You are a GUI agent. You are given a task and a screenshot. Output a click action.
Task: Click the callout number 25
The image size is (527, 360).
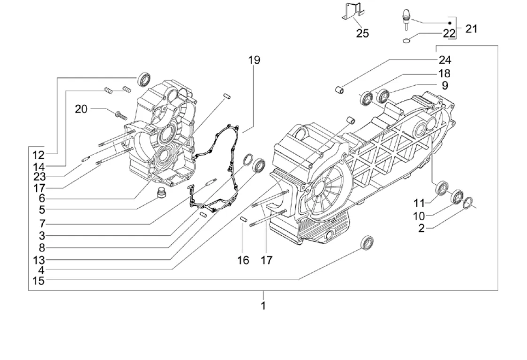click(362, 33)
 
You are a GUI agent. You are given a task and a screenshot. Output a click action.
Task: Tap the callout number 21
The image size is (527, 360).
click(471, 29)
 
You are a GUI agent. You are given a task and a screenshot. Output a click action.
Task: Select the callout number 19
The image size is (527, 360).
click(254, 60)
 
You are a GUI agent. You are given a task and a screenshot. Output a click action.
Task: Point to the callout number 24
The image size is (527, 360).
click(444, 60)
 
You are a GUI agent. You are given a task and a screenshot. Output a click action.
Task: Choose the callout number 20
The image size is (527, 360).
click(81, 109)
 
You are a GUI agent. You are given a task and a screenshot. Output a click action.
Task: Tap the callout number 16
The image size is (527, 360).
click(243, 260)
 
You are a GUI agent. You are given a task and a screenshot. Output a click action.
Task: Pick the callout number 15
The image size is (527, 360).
click(38, 281)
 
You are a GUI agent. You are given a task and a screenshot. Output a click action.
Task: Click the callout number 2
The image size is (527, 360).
click(422, 228)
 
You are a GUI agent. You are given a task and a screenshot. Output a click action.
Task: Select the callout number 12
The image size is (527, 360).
click(38, 155)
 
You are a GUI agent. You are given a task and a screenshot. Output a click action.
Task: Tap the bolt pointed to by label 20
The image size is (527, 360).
click(119, 113)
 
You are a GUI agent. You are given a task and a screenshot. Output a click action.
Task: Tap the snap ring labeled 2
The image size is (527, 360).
click(468, 202)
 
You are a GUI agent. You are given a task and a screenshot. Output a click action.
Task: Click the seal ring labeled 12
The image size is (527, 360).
click(144, 80)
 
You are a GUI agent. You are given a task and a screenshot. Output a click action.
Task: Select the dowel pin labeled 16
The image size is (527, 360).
click(244, 219)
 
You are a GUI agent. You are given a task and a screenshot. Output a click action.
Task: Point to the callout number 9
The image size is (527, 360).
click(444, 85)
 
